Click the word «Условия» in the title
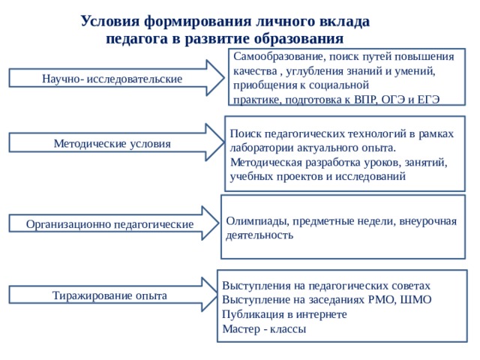110,22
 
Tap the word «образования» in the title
299,39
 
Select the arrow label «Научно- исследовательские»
112,79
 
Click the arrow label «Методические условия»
112,143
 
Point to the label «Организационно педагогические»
109,224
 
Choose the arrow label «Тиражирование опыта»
109,295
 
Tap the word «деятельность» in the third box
259,235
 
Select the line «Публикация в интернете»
284,314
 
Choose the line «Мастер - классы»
264,329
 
